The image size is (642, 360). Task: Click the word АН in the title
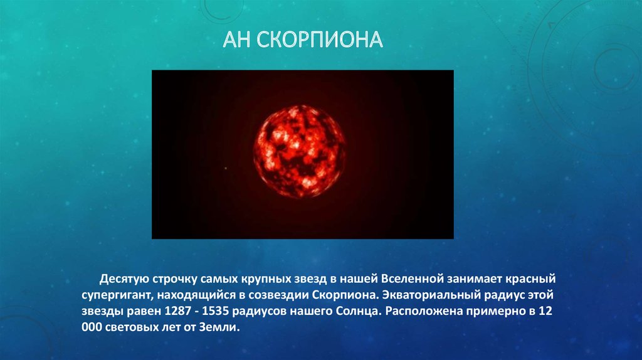point(237,41)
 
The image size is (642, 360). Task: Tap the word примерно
point(490,311)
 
